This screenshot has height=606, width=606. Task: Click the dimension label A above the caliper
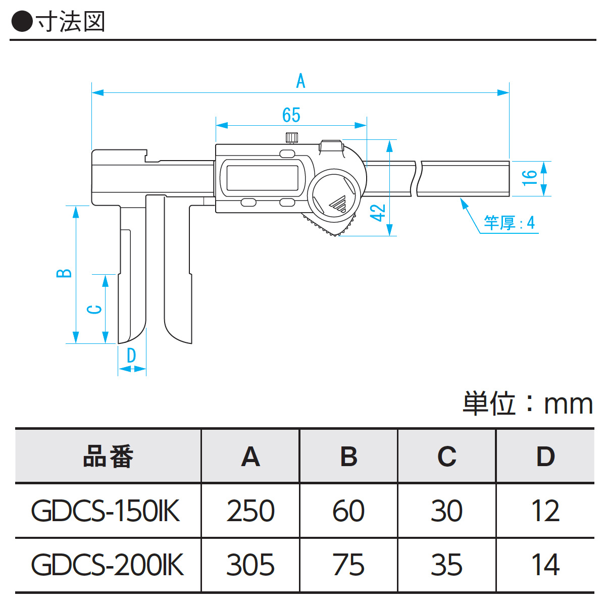point(301,81)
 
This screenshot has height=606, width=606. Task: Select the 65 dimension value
point(291,115)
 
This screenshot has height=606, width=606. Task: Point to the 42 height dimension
point(378,213)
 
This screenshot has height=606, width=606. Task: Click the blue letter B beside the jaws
point(64,273)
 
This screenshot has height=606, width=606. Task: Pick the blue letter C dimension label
point(94,309)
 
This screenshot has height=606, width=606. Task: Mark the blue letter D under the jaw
point(131,356)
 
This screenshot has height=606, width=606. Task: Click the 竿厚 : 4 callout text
point(509,222)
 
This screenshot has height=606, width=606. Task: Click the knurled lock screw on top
point(291,137)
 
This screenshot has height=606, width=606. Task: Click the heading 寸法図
point(71,22)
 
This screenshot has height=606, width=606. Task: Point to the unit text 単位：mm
point(528,403)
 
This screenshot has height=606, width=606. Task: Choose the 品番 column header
point(108,457)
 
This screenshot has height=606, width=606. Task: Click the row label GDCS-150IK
point(106,511)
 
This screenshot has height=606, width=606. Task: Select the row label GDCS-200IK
point(108,565)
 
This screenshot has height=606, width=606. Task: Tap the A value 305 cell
point(250,565)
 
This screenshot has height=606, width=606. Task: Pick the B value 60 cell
point(348,511)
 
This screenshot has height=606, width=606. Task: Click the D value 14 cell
point(545,565)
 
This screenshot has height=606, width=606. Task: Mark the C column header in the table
point(447,457)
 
